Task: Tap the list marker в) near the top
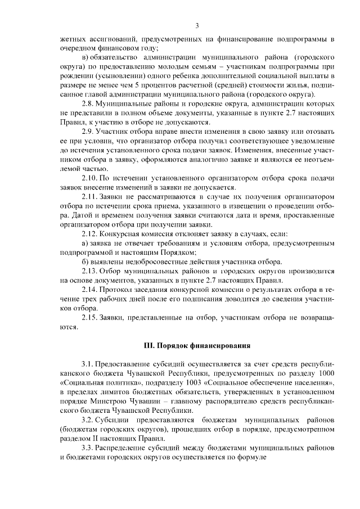[86, 57]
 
